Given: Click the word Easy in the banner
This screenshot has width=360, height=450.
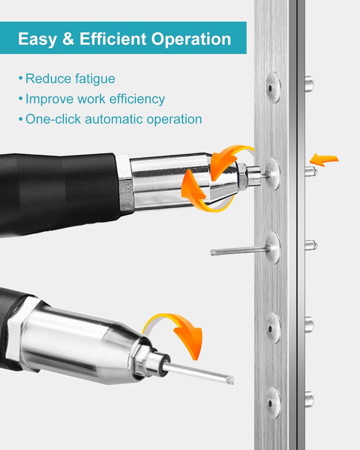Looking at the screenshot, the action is [x=37, y=39].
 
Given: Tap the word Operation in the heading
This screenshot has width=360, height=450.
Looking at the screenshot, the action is [x=191, y=39].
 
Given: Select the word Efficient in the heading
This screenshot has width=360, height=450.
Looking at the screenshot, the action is [x=113, y=39].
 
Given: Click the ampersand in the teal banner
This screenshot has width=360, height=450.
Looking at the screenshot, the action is [x=68, y=39].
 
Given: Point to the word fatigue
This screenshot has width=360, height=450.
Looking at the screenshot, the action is [x=95, y=79].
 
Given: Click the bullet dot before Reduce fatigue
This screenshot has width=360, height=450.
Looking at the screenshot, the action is [x=20, y=78].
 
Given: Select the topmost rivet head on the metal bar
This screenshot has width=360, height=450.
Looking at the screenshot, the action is [x=273, y=87].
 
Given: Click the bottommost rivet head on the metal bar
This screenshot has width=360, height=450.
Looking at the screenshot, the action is [x=273, y=403].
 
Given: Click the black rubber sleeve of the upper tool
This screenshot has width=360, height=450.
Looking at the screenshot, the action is [x=58, y=193].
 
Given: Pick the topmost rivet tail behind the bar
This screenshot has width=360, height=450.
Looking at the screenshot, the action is [x=309, y=84].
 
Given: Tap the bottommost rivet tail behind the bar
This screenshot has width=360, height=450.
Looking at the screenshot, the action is [x=309, y=399].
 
